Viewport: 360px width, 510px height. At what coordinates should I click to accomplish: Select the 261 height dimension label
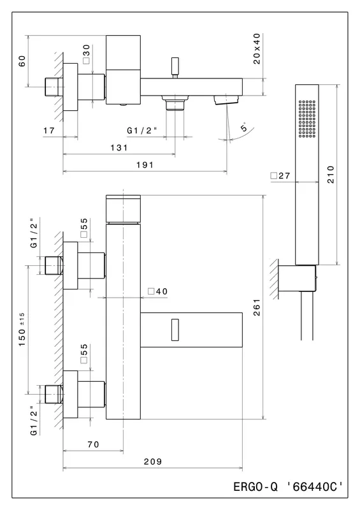(x=257, y=308)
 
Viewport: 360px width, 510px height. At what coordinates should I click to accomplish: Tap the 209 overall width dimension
(x=152, y=462)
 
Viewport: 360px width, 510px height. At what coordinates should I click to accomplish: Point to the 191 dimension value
(x=145, y=165)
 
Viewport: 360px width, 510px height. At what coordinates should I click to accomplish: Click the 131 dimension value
(x=119, y=148)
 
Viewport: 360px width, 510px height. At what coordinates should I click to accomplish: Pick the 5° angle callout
(x=244, y=127)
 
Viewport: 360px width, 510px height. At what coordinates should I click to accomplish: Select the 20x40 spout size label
(x=257, y=48)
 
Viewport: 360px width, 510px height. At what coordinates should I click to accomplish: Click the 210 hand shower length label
(x=331, y=174)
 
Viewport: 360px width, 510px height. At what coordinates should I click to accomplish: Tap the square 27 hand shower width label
(x=280, y=176)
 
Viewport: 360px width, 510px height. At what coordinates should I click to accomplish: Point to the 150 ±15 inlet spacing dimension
(x=22, y=329)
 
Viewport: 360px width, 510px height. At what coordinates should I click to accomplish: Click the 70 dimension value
(x=93, y=444)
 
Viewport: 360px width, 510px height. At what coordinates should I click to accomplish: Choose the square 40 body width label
(x=158, y=291)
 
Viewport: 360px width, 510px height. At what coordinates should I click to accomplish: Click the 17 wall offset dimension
(x=49, y=131)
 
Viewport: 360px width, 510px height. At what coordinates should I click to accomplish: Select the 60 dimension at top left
(x=22, y=61)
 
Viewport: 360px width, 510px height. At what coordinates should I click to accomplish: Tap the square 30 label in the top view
(x=86, y=54)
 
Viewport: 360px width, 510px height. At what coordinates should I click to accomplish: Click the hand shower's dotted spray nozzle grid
(x=306, y=119)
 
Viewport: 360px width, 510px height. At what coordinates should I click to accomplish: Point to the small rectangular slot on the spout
(x=175, y=330)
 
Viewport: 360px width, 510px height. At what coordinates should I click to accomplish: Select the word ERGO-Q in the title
(x=256, y=486)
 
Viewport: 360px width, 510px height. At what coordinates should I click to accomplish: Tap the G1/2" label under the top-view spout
(x=142, y=131)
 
